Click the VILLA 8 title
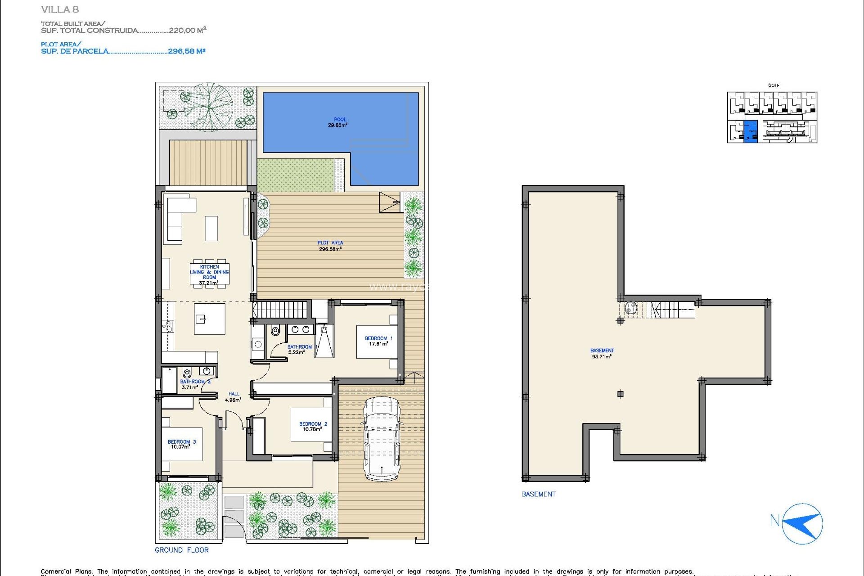coord(60,9)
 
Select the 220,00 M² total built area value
coord(187,30)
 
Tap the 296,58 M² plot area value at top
coord(187,51)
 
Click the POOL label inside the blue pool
coord(340,122)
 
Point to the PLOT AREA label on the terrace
coord(330,245)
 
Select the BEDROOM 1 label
coord(378,341)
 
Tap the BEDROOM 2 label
coord(313,426)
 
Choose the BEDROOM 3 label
coord(181,444)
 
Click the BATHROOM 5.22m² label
coord(299,349)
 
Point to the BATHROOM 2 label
coord(195,384)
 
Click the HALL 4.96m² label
coord(233,396)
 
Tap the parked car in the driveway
coord(382,439)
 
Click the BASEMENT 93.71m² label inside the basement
coord(602,353)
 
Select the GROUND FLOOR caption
coord(182,550)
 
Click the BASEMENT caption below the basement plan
coord(538,494)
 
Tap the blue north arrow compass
coord(803,524)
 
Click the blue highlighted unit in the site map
coord(751,131)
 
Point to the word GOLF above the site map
coord(774,85)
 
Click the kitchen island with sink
coord(209,319)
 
